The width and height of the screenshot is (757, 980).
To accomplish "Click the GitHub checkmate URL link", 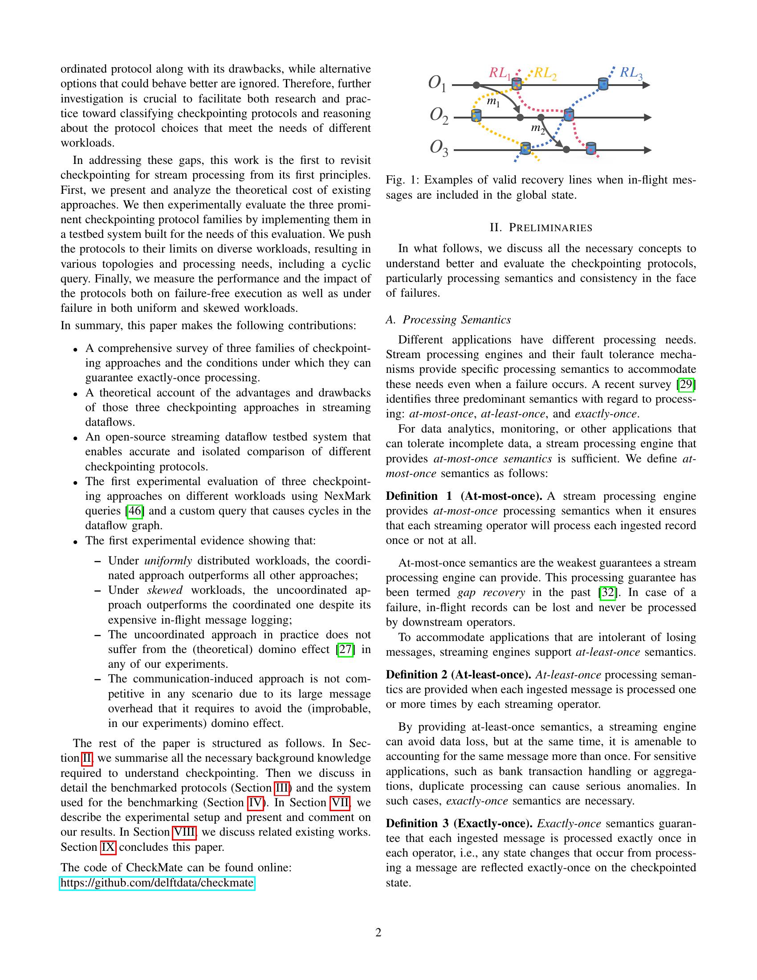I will (x=157, y=883).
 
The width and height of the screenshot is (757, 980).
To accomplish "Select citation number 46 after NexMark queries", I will (x=135, y=510).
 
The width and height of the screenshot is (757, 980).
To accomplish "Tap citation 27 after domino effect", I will (x=345, y=649).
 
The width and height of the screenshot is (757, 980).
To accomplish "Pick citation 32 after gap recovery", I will (x=608, y=592).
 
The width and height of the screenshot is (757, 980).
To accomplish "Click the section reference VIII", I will (x=184, y=832).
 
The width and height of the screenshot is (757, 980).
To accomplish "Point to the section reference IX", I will (x=108, y=847).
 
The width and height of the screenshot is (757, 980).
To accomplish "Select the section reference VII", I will (x=339, y=802).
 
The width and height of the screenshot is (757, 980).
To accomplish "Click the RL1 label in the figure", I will (x=500, y=73).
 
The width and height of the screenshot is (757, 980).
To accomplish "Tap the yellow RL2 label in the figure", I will (x=545, y=73).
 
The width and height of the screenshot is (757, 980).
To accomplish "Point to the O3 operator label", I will (x=439, y=148).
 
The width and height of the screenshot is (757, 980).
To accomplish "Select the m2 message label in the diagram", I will (x=537, y=129).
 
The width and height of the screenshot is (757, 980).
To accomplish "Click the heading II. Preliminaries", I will (x=541, y=228).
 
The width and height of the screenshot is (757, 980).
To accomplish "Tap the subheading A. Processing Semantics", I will (x=448, y=319).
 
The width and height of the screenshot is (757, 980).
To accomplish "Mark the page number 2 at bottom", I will (x=378, y=933).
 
